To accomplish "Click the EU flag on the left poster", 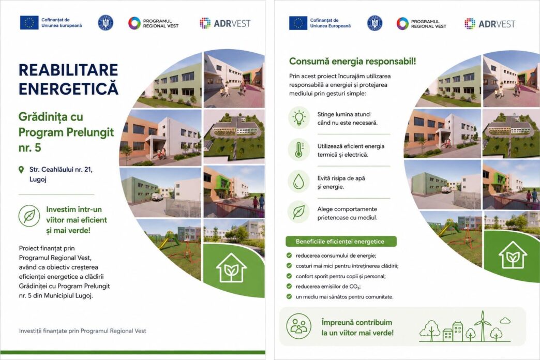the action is coord(29,23).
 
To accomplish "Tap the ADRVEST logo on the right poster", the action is coord(490,24).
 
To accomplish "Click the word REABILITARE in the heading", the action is coord(68,70).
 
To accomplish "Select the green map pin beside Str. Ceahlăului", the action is coord(21,170).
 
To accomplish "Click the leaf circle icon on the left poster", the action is coord(29,216).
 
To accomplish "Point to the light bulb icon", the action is coord(299,117).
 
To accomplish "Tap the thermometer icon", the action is coord(299,149).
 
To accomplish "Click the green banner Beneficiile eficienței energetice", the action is coord(341,242).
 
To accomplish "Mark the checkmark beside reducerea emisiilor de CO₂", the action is coord(289,286).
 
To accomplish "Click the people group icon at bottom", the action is coord(298,326).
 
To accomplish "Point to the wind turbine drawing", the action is coord(483,325).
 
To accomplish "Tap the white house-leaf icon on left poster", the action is coord(231,268).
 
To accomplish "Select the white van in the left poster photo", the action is coord(158,197).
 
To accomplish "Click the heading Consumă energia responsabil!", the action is coord(352,62).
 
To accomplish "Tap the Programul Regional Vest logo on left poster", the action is coord(153,23).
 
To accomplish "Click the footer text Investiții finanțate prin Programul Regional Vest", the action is coord(83,331).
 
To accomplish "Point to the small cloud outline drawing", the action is coord(505,321).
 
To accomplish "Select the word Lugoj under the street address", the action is coord(38,179).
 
